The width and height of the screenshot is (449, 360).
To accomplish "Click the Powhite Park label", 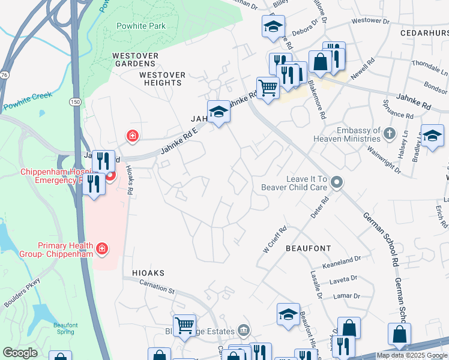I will (x=140, y=26).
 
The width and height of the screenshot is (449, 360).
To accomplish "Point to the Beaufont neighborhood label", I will (x=308, y=247).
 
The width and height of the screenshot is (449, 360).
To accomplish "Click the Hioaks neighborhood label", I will (x=148, y=272).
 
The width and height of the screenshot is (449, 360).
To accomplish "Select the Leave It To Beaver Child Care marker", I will (x=337, y=182).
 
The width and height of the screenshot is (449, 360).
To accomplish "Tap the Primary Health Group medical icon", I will (x=103, y=248).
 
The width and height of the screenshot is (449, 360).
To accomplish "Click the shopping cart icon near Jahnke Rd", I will (x=268, y=88).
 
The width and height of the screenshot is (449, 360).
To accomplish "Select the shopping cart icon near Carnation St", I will (x=184, y=325).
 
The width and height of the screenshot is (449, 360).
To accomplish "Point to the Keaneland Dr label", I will (x=341, y=259).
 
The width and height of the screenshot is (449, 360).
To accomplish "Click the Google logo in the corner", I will (x=20, y=353).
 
